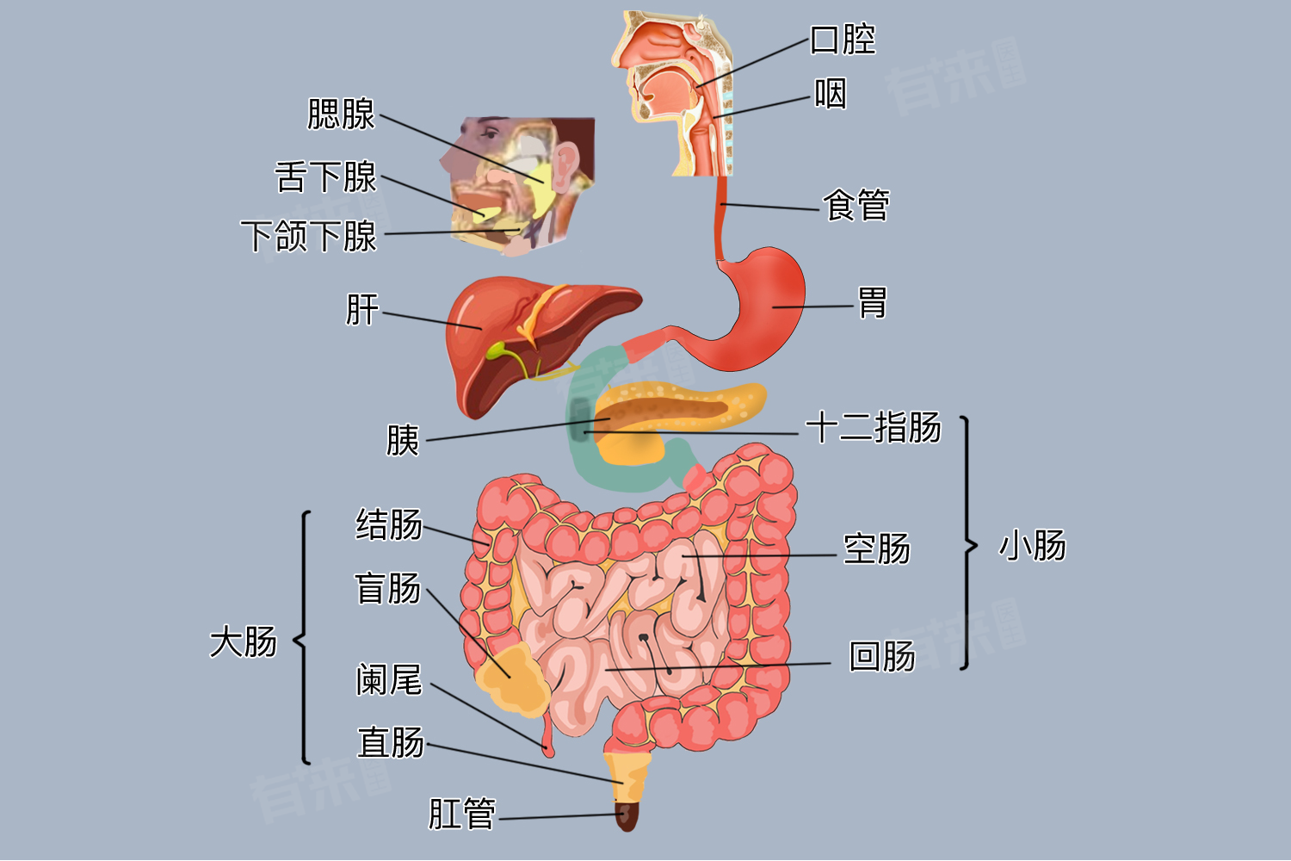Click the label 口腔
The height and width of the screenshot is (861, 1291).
[843, 40]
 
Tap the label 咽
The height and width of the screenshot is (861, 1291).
[830, 94]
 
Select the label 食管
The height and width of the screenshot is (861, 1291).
[856, 204]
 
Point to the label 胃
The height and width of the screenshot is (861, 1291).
[872, 302]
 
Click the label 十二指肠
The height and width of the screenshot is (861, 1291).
[874, 427]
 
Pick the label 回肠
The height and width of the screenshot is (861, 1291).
[882, 656]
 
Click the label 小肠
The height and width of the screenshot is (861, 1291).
[1032, 545]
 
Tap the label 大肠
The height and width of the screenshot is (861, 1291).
[244, 641]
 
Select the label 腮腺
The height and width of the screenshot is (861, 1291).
[341, 114]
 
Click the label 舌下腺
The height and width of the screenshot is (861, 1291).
[325, 177]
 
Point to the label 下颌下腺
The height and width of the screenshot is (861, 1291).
[308, 236]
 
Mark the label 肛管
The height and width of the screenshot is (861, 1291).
[461, 814]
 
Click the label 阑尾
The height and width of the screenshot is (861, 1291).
[389, 679]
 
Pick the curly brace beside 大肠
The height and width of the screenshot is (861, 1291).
[302, 638]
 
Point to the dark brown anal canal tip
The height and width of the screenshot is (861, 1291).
[627, 816]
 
